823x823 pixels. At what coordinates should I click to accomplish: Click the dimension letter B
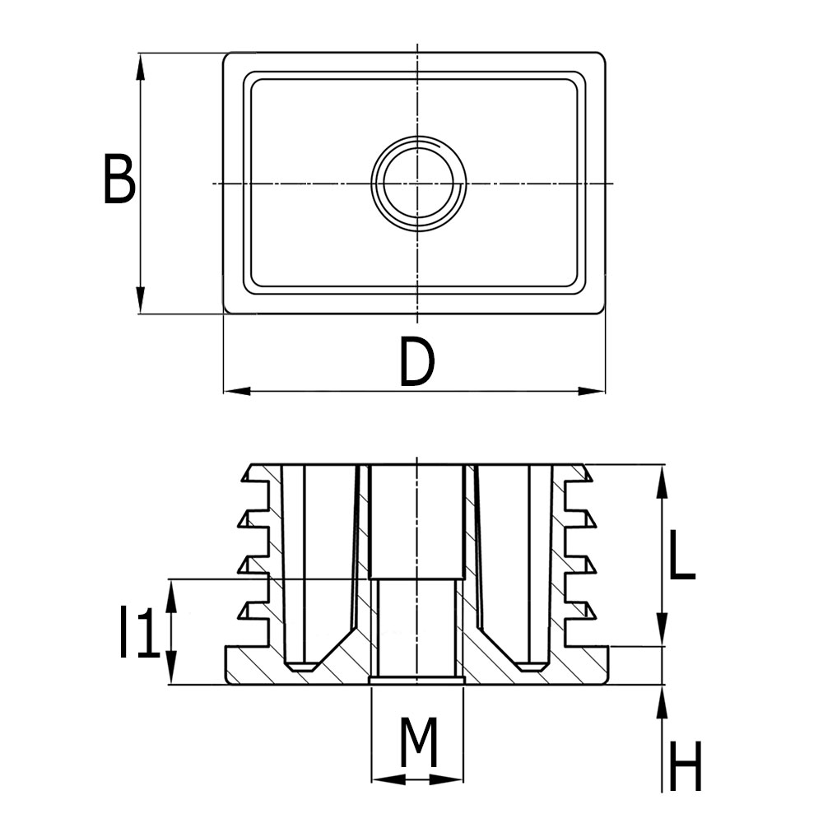coord(119,179)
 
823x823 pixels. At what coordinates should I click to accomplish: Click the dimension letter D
coord(416,363)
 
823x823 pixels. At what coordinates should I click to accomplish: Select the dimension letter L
coord(681,556)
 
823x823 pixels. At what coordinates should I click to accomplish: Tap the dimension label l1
coord(137,632)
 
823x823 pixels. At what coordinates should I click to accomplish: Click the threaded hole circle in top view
coord(418,183)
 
